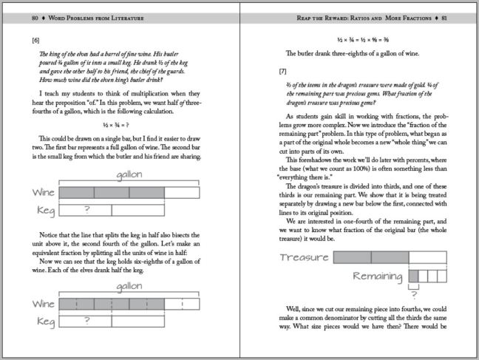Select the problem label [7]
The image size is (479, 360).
pos(282,72)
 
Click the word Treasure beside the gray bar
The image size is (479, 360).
pos(305,258)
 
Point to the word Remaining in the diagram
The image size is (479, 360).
pos(379,276)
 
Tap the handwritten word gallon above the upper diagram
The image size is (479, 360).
pos(129,175)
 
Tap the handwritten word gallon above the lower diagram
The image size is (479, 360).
pos(129,286)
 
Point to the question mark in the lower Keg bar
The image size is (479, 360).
pos(87,321)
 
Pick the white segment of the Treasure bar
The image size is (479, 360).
pos(427,258)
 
